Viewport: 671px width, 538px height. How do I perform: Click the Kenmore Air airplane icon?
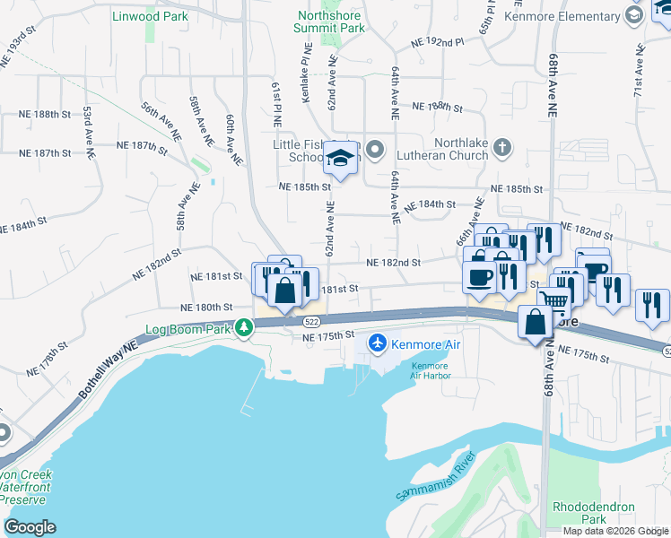[x=378, y=344]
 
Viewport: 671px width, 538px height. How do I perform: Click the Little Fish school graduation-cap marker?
[x=339, y=160]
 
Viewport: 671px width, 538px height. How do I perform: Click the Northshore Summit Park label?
[x=329, y=22]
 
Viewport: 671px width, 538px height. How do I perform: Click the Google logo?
[x=29, y=527]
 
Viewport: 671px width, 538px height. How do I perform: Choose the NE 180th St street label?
[x=206, y=307]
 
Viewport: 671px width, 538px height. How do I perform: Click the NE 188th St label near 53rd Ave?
[x=45, y=114]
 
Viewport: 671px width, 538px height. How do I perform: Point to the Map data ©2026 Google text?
[x=615, y=531]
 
